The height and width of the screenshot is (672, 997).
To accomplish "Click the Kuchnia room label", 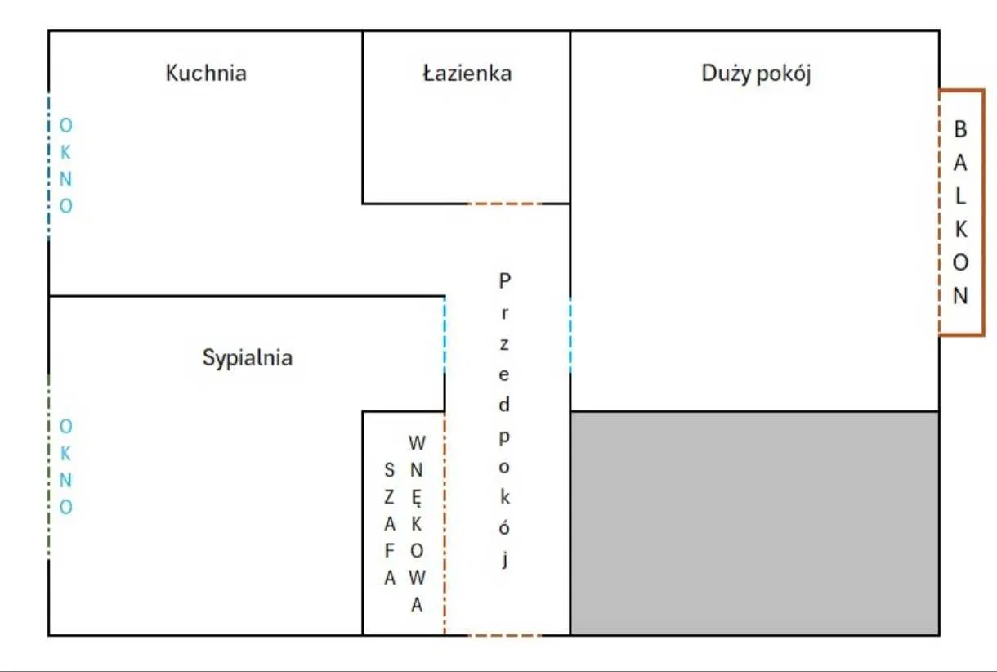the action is pos(206,73).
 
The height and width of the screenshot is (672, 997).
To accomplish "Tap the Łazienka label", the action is pos(467,73).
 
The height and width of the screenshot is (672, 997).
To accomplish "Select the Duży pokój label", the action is pos(756,74).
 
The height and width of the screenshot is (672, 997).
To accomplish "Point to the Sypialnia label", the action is pos(248,358).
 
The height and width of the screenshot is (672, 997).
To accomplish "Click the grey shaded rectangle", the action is pos(755,523).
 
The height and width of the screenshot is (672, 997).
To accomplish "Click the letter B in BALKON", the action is pos(960,130).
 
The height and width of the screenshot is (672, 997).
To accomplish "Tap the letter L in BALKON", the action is pos(960,196).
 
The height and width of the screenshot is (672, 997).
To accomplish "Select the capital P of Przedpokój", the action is pos(504,281).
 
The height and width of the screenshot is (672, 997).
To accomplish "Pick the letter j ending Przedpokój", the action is pos(505,559).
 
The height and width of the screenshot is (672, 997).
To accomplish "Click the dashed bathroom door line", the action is pos(505,204).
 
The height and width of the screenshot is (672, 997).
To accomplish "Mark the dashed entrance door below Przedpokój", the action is pos(505,635).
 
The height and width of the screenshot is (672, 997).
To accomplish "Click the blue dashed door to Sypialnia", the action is pos(445,335).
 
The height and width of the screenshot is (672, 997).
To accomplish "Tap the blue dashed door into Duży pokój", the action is pos(570,335).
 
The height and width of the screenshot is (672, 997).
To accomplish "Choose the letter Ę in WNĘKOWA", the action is pos(417,498).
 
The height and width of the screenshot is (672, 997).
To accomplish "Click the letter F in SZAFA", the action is pos(390,551).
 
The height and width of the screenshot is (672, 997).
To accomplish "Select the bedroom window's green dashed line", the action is pos(49,467).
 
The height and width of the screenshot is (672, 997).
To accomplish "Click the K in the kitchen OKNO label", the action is pos(65,153).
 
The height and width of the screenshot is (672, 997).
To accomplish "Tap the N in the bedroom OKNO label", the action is pos(65,481).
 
